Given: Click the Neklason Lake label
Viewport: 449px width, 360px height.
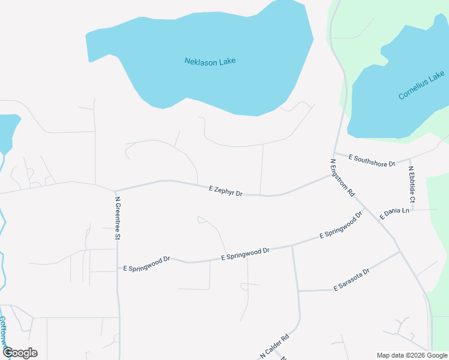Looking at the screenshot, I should (209, 61).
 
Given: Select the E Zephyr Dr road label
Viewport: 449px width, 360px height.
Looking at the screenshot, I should (226, 191).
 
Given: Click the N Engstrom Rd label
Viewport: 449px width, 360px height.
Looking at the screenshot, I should (343, 178).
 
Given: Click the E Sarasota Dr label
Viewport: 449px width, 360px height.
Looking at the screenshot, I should (351, 280).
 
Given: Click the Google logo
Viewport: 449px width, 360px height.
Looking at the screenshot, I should (20, 353).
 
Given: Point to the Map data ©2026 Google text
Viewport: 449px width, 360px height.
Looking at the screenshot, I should (411, 355).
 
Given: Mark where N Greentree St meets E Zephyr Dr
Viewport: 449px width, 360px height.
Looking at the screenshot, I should (115, 191).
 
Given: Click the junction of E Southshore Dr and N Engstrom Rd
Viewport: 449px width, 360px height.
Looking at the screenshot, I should (334, 153).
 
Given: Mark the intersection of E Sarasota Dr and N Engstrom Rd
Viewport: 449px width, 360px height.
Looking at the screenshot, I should (400, 252).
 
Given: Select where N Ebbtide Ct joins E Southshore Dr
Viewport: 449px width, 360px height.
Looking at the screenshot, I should (410, 160).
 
